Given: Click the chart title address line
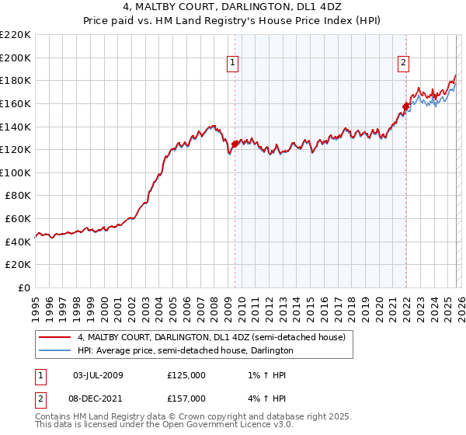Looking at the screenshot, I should pyautogui.click(x=233, y=7).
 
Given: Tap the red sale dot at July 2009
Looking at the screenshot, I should pyautogui.click(x=235, y=143).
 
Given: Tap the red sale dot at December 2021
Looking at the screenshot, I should pyautogui.click(x=405, y=106).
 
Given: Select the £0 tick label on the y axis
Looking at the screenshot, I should pyautogui.click(x=25, y=288).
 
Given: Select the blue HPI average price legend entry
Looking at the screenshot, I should pyautogui.click(x=185, y=351).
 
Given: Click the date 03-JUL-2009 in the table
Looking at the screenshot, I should pyautogui.click(x=98, y=375).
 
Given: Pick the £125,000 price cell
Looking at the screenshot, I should pyautogui.click(x=186, y=375).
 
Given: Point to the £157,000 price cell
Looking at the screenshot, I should pyautogui.click(x=186, y=398).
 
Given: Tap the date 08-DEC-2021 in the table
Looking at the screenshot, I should pyautogui.click(x=98, y=398).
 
